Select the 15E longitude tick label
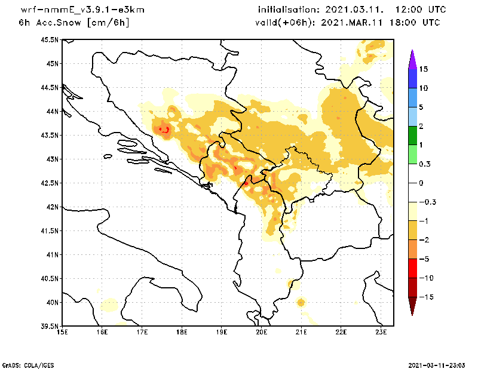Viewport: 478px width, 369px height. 62,332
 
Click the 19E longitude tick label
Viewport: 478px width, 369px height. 222,332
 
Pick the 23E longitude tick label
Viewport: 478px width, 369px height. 381,332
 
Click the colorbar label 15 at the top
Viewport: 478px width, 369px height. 423,69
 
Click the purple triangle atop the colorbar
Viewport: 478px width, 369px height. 412,59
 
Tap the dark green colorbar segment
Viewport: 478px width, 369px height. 412,136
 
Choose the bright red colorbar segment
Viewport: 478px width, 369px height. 412,268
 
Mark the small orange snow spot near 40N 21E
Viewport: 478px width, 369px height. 301,303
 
